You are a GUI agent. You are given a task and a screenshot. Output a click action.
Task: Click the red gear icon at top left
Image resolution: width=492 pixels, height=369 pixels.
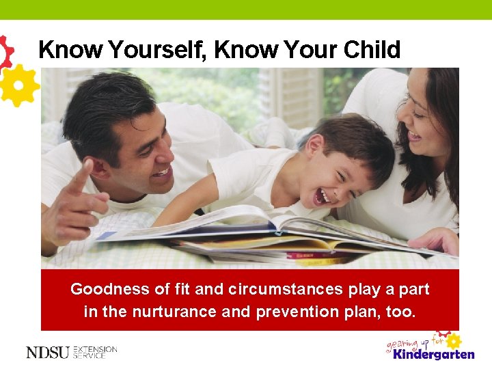[x=5, y=51]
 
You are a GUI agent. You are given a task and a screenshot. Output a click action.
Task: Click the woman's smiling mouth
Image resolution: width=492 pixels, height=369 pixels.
[x=414, y=135]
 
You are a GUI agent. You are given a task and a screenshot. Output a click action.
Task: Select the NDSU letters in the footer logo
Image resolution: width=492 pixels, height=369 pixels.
[x=47, y=353]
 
